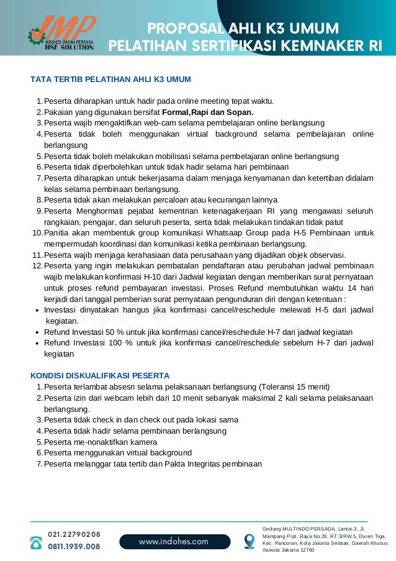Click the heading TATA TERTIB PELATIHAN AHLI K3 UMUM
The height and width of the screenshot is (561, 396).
pyautogui.click(x=110, y=80)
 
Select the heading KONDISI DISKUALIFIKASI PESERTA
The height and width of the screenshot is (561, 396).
pyautogui.click(x=100, y=376)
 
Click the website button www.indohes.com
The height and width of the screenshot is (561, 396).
pyautogui.click(x=174, y=541)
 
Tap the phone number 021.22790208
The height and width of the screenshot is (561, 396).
pyautogui.click(x=74, y=534)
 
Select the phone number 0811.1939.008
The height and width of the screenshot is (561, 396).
pyautogui.click(x=74, y=547)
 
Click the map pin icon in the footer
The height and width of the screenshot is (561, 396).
pyautogui.click(x=250, y=541)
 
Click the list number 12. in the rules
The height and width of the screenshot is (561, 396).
pyautogui.click(x=37, y=266)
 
